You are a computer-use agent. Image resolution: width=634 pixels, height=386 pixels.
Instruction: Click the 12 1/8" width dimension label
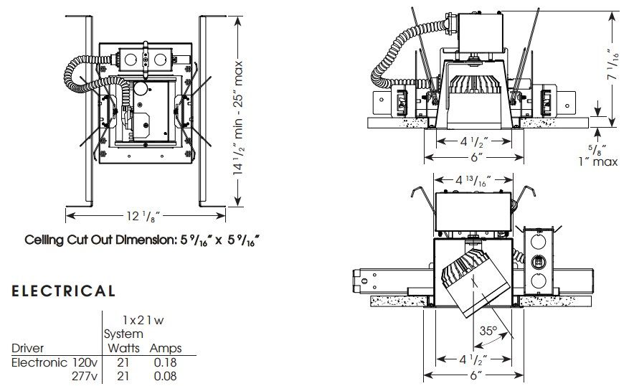[143, 217]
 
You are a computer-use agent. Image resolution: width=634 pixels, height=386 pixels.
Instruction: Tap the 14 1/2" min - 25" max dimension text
[238, 118]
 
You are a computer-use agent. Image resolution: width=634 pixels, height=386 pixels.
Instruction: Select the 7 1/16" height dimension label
[613, 64]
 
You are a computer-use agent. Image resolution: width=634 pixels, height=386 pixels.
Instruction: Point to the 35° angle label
[488, 331]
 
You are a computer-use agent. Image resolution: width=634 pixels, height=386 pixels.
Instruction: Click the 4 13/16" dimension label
[473, 181]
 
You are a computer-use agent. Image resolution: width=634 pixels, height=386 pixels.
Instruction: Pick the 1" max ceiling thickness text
[598, 162]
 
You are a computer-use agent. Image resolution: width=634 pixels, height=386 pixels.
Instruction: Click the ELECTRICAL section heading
[64, 291]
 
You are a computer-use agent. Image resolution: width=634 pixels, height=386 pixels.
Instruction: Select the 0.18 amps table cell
[166, 362]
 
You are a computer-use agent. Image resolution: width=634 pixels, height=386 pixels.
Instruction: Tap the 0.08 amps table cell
[166, 376]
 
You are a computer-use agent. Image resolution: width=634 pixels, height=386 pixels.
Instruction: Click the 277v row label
[85, 376]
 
